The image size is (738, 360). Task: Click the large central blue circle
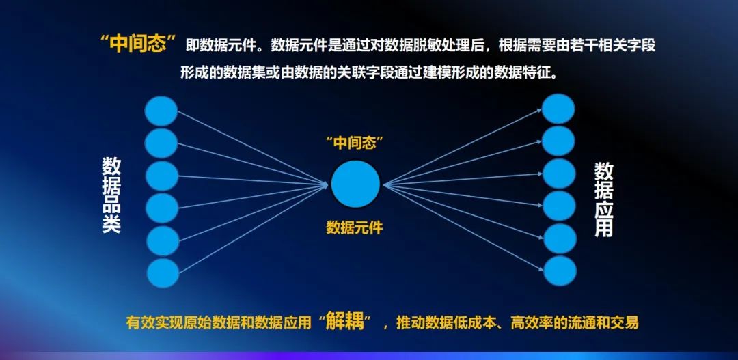click(355, 184)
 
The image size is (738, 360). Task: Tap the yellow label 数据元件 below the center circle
click(355, 228)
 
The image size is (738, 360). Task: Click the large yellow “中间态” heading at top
click(140, 44)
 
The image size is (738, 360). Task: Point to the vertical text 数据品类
click(111, 195)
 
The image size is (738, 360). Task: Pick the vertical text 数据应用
click(604, 199)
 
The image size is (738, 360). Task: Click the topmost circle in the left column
click(161, 111)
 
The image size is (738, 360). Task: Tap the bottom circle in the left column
click(163, 273)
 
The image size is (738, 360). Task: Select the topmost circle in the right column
click(558, 109)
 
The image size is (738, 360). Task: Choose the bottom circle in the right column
click(560, 271)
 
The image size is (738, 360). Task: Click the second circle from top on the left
click(161, 143)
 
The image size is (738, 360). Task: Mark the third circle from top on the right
click(559, 174)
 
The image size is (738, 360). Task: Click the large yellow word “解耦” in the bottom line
click(345, 323)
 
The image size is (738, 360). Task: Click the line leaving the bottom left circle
click(254, 229)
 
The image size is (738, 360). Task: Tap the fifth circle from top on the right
click(560, 238)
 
